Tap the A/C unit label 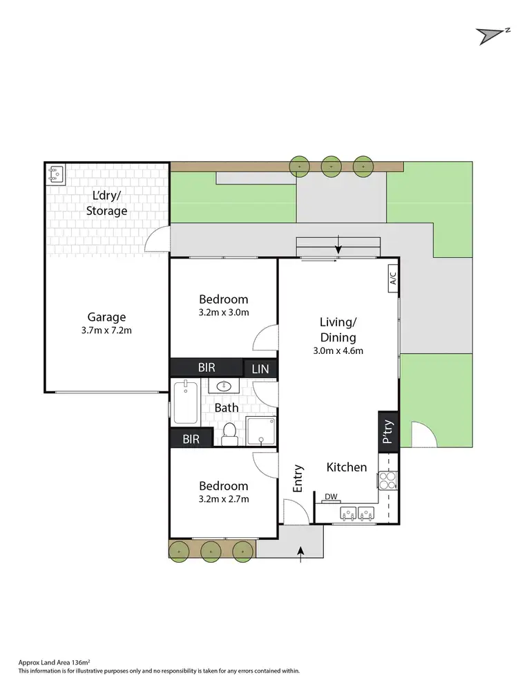click(x=392, y=278)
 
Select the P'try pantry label click(x=388, y=432)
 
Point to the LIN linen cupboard click(x=260, y=368)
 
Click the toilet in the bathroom click(x=230, y=433)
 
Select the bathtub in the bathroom click(x=185, y=403)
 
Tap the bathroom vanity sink click(x=224, y=386)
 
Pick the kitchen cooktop click(x=387, y=480)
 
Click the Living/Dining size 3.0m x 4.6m click(x=338, y=350)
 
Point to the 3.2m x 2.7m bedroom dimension click(x=223, y=499)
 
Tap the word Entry click(x=298, y=478)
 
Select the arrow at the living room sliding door click(x=338, y=245)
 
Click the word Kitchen click(x=347, y=467)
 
